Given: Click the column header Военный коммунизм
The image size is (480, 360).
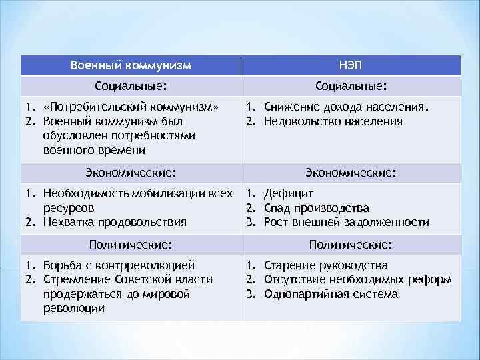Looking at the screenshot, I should [131, 65].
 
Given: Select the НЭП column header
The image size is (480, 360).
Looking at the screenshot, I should [350, 65].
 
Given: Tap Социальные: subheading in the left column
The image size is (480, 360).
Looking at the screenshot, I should [131, 86].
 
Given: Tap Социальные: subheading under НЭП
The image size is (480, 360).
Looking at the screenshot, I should [350, 86].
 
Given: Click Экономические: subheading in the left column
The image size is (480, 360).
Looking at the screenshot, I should [131, 173].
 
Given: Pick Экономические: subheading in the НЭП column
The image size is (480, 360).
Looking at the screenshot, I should [350, 173].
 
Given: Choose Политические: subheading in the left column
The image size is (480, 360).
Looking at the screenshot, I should [131, 244].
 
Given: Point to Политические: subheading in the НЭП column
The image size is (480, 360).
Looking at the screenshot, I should [350, 244].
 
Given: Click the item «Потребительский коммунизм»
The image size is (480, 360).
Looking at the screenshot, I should [131, 107].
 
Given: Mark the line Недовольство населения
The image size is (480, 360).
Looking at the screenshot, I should [333, 121].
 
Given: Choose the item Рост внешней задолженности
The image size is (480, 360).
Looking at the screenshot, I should [346, 223].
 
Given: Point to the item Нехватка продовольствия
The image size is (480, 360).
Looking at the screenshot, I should [114, 223].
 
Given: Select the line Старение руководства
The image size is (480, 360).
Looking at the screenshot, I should [325, 265].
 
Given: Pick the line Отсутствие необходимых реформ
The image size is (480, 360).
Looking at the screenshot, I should [357, 279].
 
